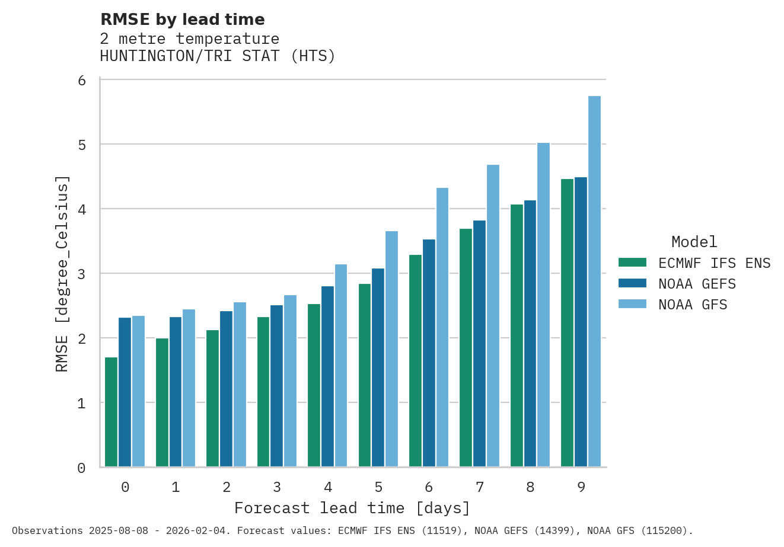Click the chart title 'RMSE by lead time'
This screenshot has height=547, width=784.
183,20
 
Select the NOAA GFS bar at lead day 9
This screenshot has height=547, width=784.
594,282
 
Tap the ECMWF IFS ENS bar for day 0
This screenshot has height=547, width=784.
111,412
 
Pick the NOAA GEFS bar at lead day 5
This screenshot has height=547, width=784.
378,367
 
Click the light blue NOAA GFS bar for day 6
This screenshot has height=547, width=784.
442,327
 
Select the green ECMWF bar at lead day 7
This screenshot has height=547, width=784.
466,348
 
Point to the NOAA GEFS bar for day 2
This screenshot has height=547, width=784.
226,389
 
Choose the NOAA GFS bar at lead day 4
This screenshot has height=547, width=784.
341,366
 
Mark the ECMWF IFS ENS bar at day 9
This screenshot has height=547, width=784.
567,323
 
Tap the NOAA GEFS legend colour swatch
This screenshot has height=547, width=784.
632,283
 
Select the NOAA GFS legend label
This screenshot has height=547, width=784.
693,305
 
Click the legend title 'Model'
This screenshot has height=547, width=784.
694,242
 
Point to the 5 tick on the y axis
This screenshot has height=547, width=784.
82,145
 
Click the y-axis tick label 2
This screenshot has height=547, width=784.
82,339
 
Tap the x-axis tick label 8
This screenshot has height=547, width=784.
530,487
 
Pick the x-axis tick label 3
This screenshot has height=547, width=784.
277,487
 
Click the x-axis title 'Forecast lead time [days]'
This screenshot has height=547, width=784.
352,508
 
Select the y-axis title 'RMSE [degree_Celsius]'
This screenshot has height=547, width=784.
62,274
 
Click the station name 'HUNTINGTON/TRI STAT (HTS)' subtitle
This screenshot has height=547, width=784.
218,56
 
